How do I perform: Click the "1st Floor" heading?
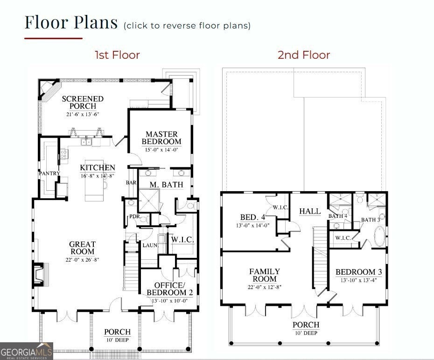pos(117,55)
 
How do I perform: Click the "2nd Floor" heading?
pos(304,55)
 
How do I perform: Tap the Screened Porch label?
pos(83,102)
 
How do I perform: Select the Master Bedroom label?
pos(161,138)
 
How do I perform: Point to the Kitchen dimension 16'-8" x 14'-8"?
pos(98,176)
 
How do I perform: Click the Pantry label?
pos(49,173)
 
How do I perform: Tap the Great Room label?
pos(82,248)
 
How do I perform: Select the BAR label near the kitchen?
pos(131,182)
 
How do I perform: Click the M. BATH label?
pos(166,184)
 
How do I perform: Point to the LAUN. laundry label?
pos(150,245)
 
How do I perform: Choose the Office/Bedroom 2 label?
pos(170,289)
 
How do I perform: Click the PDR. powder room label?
pos(135,216)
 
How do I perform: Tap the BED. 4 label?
pos(253,217)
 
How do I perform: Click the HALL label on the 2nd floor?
pos(310,211)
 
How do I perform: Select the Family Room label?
pos(265,275)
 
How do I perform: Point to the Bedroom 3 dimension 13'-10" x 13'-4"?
pos(359,280)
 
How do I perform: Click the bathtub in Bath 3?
pos(379,236)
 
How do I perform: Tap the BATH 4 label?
pos(338,216)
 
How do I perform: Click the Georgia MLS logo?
pos(27,351)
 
